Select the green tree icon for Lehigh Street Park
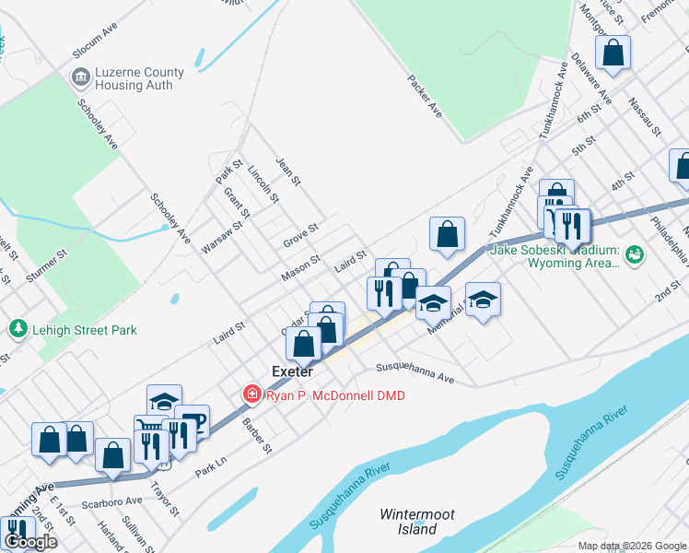pyautogui.click(x=17, y=328)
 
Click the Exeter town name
pyautogui.click(x=293, y=371)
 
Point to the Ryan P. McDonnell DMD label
pyautogui.click(x=335, y=395)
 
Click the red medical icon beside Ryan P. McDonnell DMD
pyautogui.click(x=251, y=394)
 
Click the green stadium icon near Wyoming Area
pyautogui.click(x=633, y=253)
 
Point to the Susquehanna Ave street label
pyautogui.click(x=415, y=374)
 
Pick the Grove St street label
pyautogui.click(x=300, y=229)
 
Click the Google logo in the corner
pyautogui.click(x=30, y=542)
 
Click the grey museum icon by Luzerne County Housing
pyautogui.click(x=81, y=75)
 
